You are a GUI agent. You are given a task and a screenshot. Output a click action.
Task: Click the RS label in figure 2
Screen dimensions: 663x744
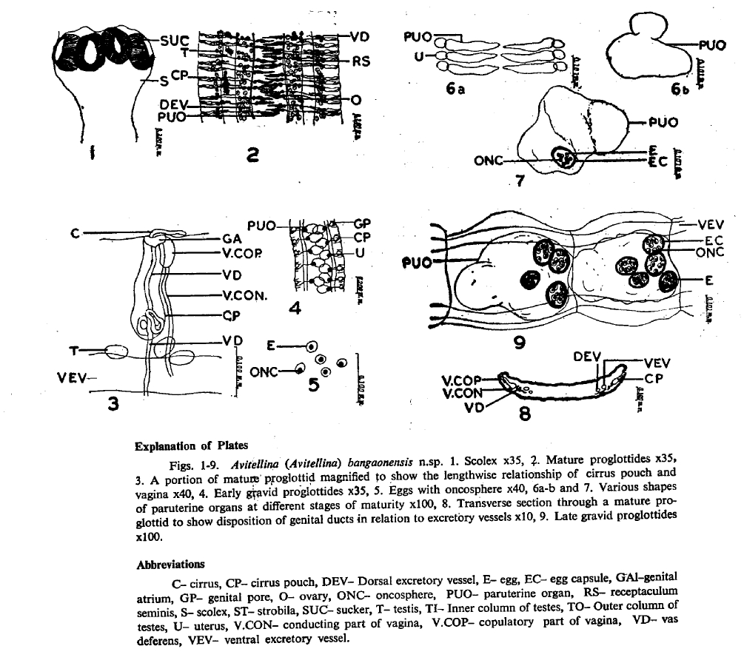tap(360, 62)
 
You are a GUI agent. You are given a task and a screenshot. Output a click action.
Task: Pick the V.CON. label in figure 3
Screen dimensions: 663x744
tap(246, 294)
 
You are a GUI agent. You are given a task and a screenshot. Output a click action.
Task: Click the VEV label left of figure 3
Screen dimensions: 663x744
tap(72, 377)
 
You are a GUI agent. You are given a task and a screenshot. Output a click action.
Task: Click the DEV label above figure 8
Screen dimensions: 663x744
tap(588, 356)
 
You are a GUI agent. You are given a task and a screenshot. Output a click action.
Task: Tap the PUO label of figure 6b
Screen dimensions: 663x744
tap(711, 45)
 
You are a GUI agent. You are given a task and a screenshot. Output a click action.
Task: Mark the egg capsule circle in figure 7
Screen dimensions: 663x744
tap(565, 157)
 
